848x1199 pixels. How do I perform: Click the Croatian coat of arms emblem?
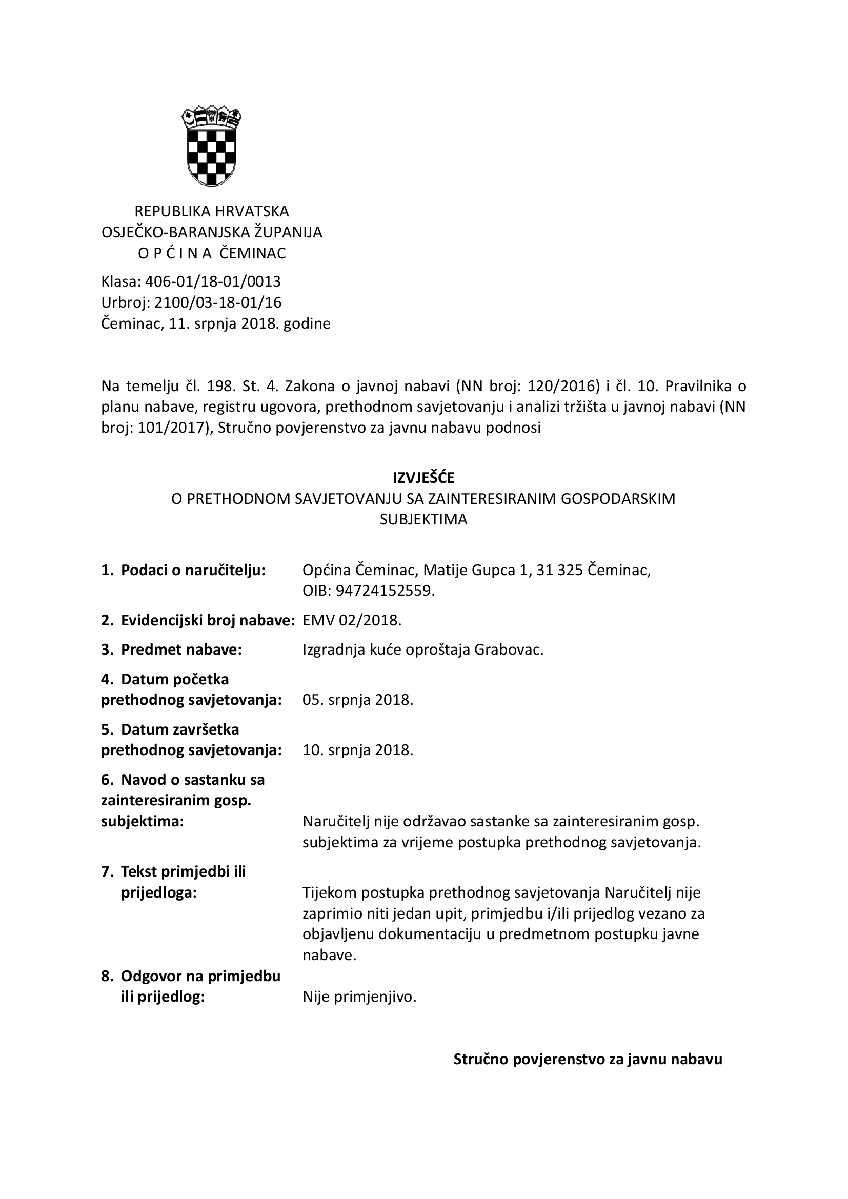[211, 145]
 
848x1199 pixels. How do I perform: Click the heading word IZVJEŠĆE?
[423, 478]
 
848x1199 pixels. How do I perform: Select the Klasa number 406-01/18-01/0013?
[213, 281]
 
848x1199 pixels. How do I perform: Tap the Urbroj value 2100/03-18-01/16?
[218, 302]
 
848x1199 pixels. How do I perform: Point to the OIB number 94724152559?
[385, 591]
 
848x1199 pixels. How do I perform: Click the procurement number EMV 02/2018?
[352, 620]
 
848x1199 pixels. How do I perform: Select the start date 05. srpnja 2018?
[358, 700]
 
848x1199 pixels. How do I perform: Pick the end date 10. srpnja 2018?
[358, 750]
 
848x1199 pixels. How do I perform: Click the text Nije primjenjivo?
[359, 997]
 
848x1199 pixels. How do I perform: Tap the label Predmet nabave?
[181, 649]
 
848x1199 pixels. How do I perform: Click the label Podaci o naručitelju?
[193, 570]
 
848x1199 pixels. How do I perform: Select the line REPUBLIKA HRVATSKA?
[211, 211]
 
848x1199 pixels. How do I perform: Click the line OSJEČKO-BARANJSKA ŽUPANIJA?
[211, 232]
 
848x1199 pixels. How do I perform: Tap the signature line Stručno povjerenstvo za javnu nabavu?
[588, 1059]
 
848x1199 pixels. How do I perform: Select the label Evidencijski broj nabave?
[208, 620]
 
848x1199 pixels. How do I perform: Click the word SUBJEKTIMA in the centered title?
[423, 520]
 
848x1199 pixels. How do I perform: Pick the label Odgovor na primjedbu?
[200, 976]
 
